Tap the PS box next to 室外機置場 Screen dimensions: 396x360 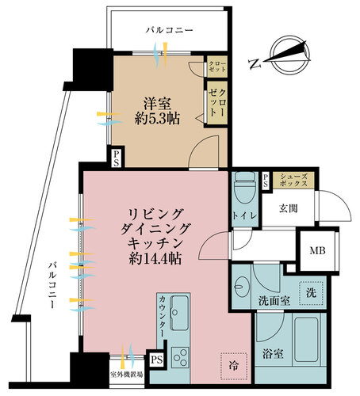click(157, 360)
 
